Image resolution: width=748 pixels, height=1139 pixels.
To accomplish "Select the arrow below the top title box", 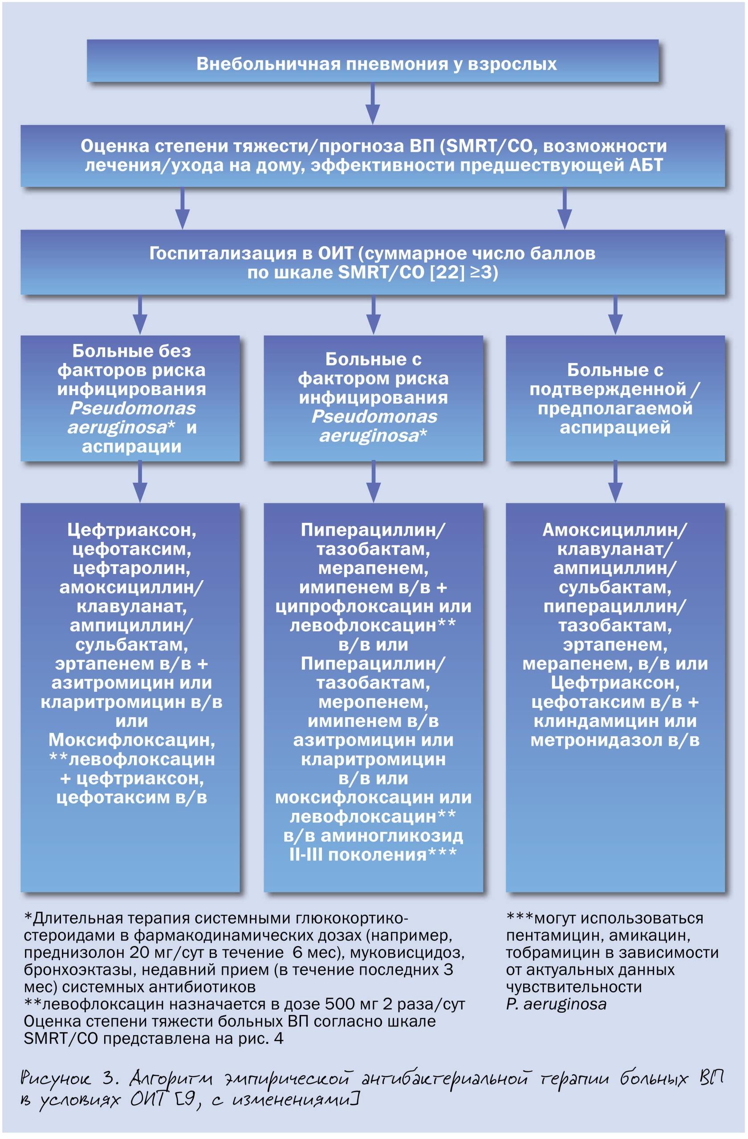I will click(x=373, y=103).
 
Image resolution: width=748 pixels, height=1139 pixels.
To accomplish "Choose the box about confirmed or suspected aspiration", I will click(x=615, y=398).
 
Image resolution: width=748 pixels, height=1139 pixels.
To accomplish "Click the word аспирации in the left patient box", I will click(x=132, y=447).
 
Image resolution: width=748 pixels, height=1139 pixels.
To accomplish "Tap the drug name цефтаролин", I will click(x=132, y=568).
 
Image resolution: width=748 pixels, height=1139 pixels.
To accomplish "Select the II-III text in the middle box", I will click(x=306, y=855).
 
